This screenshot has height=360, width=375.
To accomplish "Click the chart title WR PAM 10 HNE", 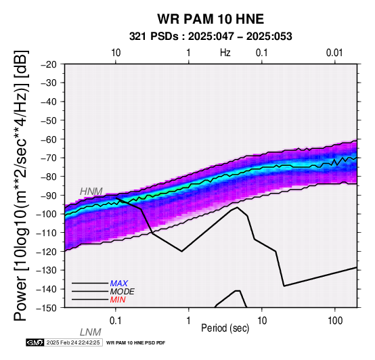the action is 211,19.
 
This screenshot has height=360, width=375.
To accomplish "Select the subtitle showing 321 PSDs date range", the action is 211,37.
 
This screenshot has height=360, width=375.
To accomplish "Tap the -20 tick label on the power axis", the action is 49,64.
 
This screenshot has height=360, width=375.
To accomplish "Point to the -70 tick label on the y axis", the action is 49,158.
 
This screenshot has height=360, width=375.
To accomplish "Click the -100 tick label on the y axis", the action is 47,215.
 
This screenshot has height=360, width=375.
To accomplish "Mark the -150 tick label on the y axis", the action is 47,308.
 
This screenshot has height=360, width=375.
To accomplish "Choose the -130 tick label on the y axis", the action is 47,271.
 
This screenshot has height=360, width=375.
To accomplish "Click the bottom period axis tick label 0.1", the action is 116,321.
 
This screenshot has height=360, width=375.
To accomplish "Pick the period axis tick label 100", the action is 335,321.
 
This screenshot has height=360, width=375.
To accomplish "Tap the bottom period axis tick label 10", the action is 262,321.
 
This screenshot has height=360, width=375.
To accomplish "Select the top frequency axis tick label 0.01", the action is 334,53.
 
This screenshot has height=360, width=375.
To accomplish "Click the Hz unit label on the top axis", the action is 225,53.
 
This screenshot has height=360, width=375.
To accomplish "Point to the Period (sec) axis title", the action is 225,328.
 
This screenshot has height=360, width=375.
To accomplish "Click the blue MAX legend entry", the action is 118,284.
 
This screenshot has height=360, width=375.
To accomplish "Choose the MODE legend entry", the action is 123,292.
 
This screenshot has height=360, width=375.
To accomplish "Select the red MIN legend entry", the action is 118,300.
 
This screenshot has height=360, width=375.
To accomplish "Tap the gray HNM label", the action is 91,192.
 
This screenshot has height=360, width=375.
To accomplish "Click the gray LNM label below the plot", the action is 91,332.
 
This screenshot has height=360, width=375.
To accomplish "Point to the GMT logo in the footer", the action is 35,342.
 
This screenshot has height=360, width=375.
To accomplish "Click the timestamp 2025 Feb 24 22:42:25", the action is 73,342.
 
